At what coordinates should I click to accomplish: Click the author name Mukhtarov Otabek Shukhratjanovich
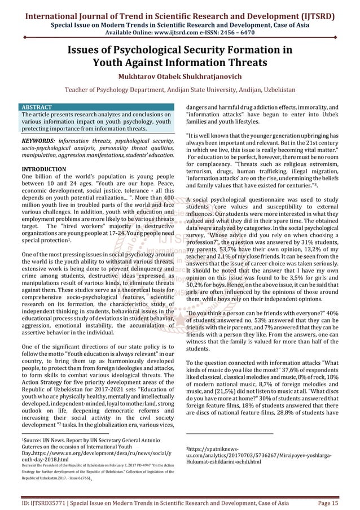click(x=179, y=75)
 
